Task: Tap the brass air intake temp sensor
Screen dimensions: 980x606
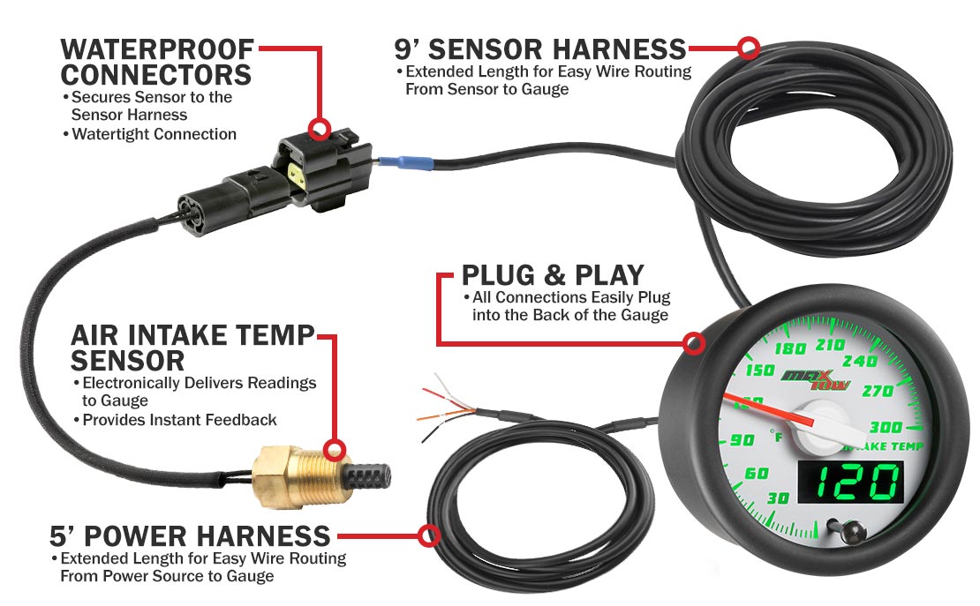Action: coord(300,476)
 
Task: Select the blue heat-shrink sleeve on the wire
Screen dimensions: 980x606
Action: coord(405,164)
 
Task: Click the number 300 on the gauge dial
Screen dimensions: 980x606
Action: coord(886,427)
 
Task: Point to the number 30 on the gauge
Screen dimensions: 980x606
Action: coord(778,498)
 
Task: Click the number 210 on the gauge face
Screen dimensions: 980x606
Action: coord(831,345)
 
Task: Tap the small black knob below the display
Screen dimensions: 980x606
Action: coord(848,532)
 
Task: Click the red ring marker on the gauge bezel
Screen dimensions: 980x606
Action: coord(693,343)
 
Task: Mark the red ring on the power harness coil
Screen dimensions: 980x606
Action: coord(428,535)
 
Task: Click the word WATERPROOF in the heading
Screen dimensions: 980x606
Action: coord(157,49)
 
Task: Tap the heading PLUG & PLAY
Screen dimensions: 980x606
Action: coord(553,275)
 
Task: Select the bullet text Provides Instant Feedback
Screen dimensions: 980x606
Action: coord(179,420)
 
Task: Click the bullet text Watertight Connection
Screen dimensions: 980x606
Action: coord(154,134)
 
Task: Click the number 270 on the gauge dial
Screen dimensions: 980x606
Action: coord(878,391)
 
